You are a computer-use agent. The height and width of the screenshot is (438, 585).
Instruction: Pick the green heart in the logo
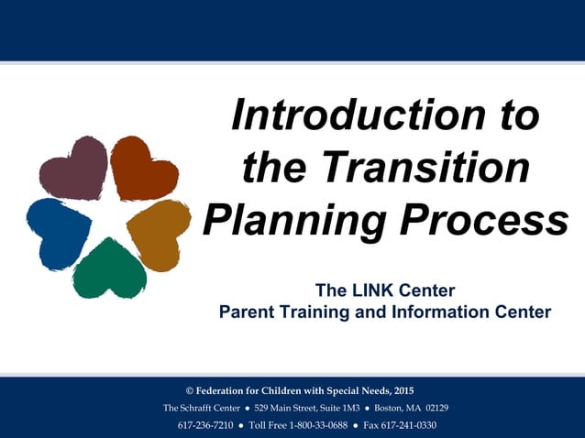coord(110,269)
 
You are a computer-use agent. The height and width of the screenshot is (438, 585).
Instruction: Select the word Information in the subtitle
coord(418,312)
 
